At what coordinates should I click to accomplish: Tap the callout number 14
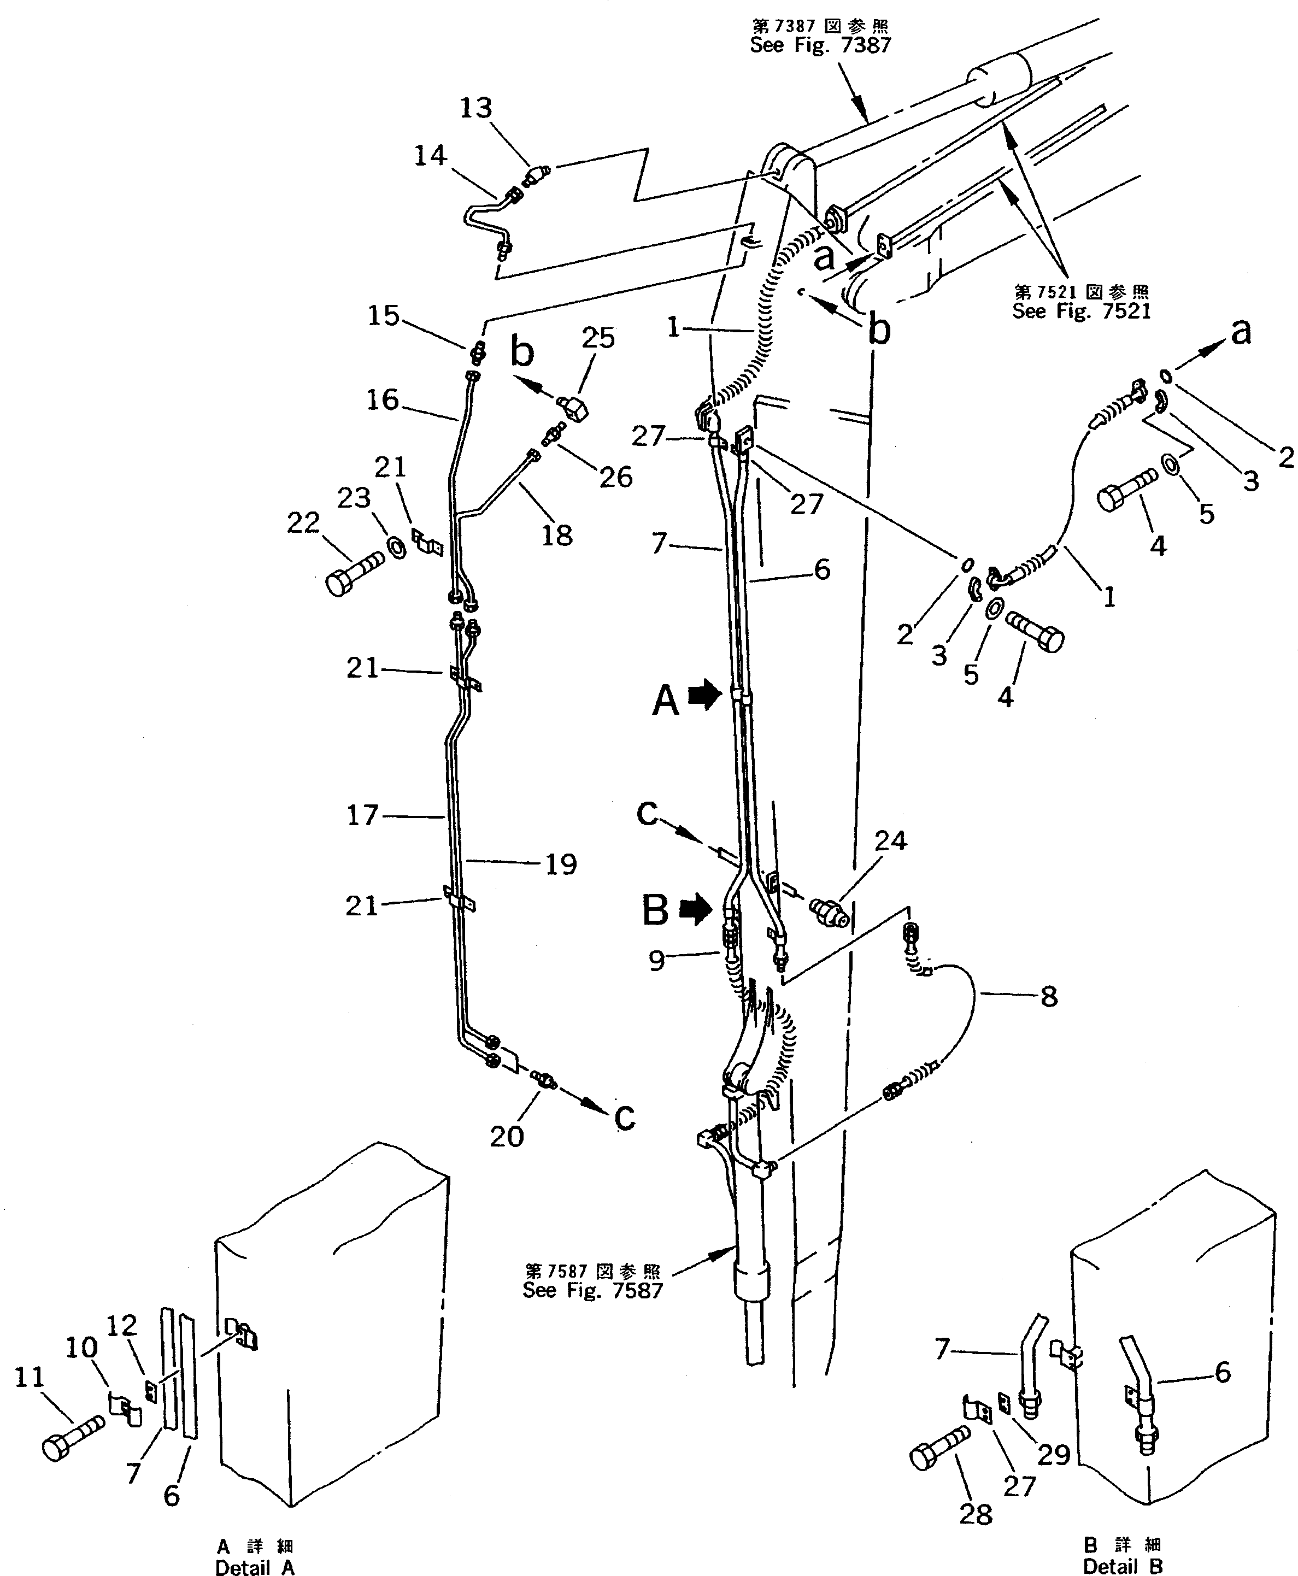click(430, 156)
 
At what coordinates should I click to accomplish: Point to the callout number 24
click(890, 841)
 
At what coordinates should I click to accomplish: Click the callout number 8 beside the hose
click(1049, 997)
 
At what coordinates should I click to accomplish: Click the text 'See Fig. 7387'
click(820, 45)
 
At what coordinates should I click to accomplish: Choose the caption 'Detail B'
click(1123, 1564)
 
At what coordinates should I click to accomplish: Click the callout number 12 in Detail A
click(122, 1326)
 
